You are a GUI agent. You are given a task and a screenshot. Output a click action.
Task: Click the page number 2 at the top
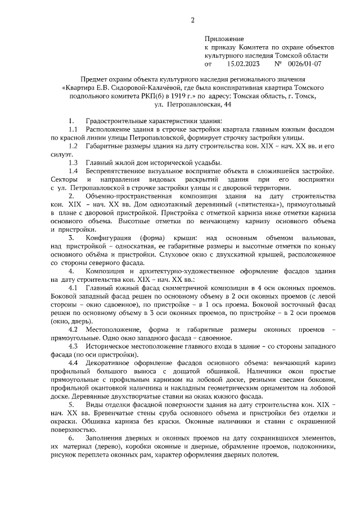click(x=192, y=21)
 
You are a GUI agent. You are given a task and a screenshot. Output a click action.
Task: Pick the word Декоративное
click(x=109, y=363)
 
